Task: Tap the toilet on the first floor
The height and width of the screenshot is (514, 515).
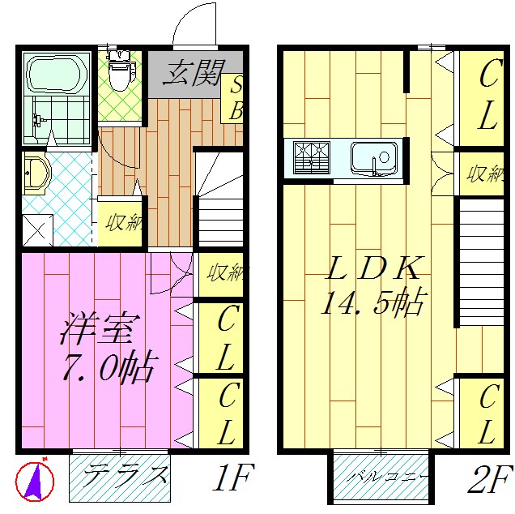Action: click(x=120, y=73)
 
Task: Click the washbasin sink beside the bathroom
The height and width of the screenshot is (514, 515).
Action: click(x=36, y=173)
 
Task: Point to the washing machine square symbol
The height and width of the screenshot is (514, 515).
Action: click(x=36, y=228)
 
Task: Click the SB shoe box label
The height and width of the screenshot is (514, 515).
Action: click(x=236, y=98)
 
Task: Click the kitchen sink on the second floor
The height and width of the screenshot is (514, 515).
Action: click(x=373, y=156)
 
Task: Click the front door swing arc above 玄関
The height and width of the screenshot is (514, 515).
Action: click(x=197, y=24)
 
